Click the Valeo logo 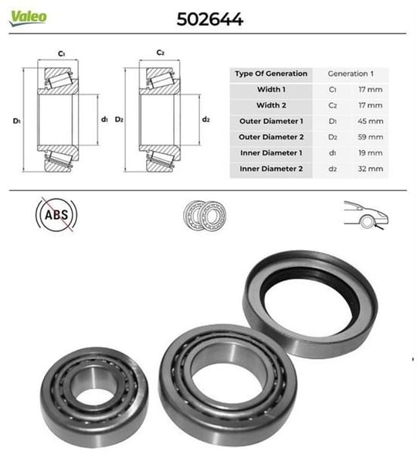point(28,18)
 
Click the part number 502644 point(210,20)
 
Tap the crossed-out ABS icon point(56,215)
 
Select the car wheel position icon point(366,215)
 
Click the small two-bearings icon point(205,215)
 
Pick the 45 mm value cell point(371,121)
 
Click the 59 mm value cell point(371,137)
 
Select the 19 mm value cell point(371,152)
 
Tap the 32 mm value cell point(371,169)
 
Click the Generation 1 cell point(351,74)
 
